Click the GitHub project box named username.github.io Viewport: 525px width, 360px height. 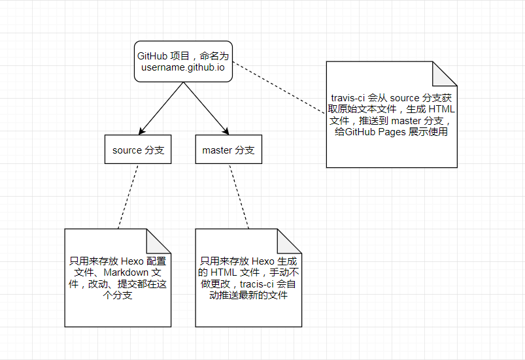click(x=183, y=60)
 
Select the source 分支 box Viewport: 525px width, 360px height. click(x=138, y=150)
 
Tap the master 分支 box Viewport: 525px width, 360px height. click(x=228, y=150)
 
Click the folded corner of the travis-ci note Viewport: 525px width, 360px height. click(x=445, y=73)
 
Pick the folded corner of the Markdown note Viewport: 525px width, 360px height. click(x=159, y=240)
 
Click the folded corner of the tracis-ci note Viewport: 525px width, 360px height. click(x=290, y=240)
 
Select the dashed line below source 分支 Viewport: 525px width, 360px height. click(x=128, y=196)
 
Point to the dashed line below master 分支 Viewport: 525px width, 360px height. click(x=239, y=196)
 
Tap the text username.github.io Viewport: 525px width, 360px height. click(x=183, y=67)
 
